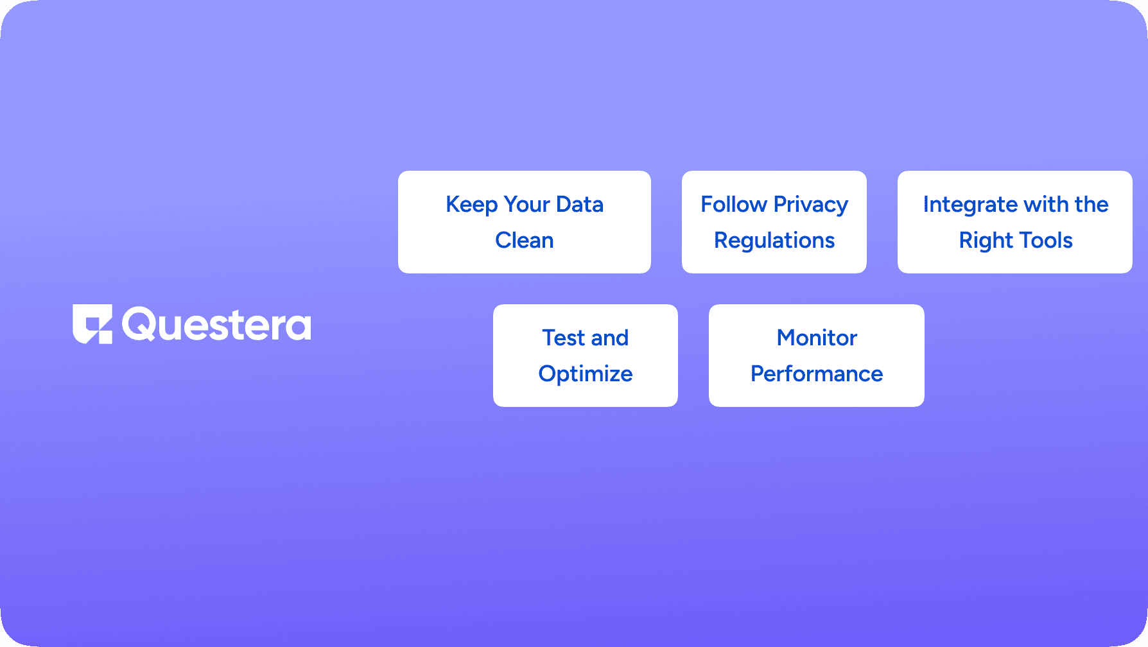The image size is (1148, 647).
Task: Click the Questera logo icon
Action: pos(92,324)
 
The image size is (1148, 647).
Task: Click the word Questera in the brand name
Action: pos(216,325)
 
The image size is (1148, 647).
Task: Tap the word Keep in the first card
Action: pos(472,205)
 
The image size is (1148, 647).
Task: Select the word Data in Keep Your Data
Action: pos(580,204)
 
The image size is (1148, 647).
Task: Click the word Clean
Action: pos(525,240)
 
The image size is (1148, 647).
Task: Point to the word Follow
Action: pos(734,204)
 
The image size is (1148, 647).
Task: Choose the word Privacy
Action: pos(811,205)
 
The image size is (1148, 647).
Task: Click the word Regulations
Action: pos(774,241)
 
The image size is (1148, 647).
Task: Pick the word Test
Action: pos(564,338)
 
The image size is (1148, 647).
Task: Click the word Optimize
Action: pos(586,374)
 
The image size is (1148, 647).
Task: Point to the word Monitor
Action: pos(817,338)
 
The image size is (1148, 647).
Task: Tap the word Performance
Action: pos(817,374)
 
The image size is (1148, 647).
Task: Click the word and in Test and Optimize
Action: pos(609,338)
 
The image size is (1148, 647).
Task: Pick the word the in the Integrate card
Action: pos(1091,204)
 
